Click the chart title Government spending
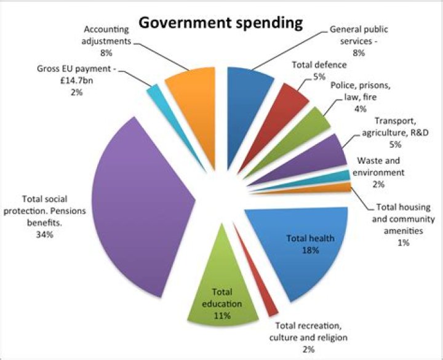click(220, 23)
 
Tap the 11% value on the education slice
click(222, 316)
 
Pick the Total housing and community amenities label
click(404, 218)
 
